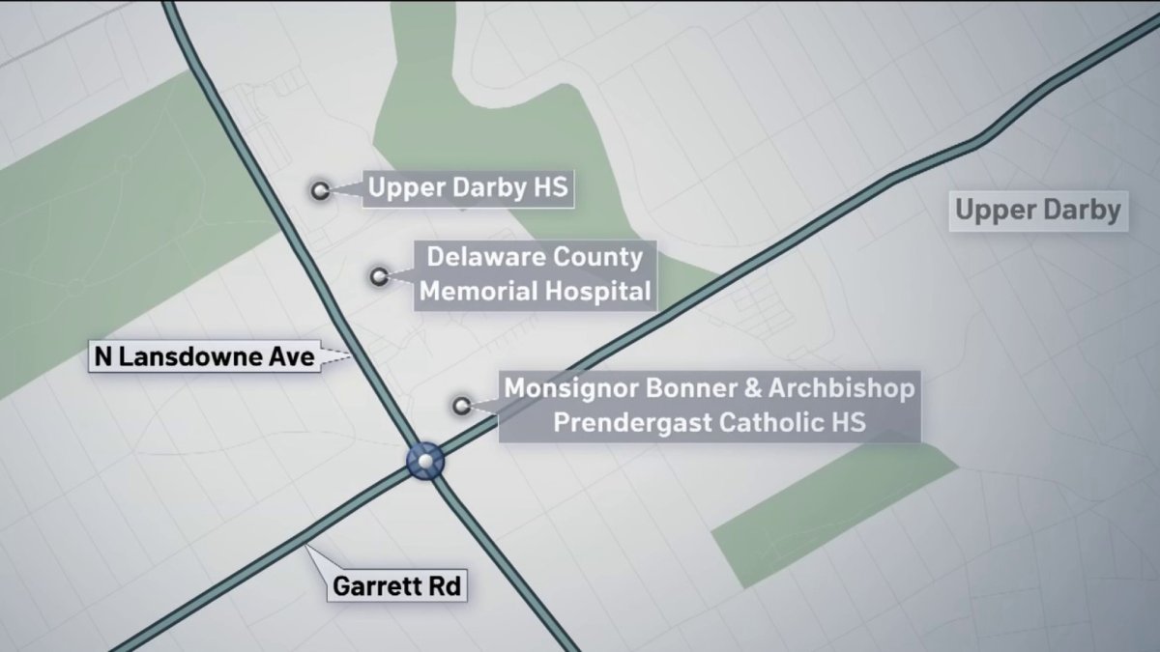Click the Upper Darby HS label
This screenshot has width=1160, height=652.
pyautogui.click(x=469, y=189)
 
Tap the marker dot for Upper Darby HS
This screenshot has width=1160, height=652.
pyautogui.click(x=319, y=190)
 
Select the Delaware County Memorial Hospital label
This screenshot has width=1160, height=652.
pyautogui.click(x=535, y=274)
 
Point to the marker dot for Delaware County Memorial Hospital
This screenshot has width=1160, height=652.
pyautogui.click(x=379, y=276)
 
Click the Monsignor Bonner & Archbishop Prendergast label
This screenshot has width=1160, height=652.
pyautogui.click(x=709, y=406)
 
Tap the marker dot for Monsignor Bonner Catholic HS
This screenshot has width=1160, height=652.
pyautogui.click(x=462, y=406)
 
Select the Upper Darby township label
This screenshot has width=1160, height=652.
pyautogui.click(x=1038, y=210)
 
